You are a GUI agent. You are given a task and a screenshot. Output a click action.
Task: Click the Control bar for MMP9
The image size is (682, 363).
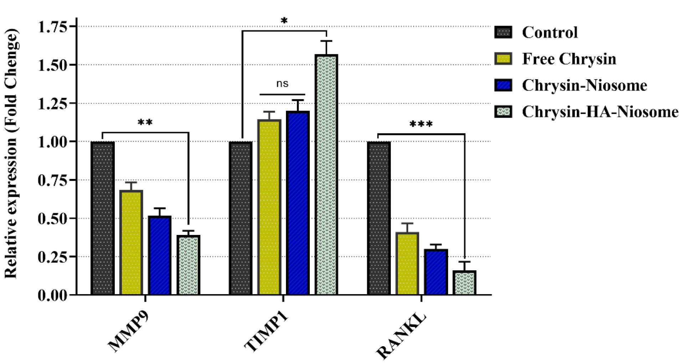pyautogui.click(x=103, y=218)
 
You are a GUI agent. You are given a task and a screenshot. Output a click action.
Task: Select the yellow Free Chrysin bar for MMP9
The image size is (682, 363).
pyautogui.click(x=131, y=242)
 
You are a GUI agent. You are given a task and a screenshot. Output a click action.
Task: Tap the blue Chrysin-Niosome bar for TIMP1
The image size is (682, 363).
pyautogui.click(x=298, y=203)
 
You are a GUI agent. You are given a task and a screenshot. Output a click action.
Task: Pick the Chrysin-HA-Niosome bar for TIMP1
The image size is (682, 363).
pyautogui.click(x=326, y=175)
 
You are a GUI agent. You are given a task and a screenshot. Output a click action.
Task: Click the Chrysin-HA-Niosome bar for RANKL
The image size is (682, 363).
pyautogui.click(x=465, y=282)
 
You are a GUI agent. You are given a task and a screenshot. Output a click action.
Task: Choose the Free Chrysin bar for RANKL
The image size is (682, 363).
pyautogui.click(x=407, y=264)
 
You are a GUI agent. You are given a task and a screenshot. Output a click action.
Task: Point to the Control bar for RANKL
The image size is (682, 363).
pyautogui.click(x=379, y=218)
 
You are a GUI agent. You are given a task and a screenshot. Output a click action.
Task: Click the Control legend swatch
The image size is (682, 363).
pyautogui.click(x=503, y=32)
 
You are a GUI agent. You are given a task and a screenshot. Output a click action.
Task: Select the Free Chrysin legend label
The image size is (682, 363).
pyautogui.click(x=569, y=59)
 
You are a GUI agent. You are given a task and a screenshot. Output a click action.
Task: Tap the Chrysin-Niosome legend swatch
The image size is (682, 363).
pyautogui.click(x=503, y=85)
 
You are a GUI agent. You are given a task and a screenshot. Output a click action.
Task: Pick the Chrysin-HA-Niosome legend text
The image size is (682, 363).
pyautogui.click(x=600, y=112)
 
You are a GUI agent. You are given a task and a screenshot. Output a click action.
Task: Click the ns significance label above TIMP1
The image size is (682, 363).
pyautogui.click(x=282, y=84)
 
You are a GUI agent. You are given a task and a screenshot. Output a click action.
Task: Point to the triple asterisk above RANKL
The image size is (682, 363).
pyautogui.click(x=421, y=124)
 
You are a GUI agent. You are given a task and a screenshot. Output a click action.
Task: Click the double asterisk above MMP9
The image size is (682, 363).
pyautogui.click(x=145, y=123)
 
